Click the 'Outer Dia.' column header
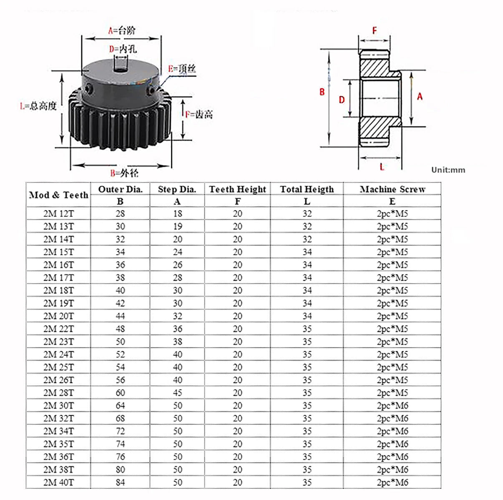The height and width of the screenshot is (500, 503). pyautogui.click(x=121, y=189)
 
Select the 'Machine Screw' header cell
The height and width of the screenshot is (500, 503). pyautogui.click(x=392, y=189)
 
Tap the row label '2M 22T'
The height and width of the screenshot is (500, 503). pyautogui.click(x=59, y=329)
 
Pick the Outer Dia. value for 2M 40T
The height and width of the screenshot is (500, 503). pyautogui.click(x=121, y=482)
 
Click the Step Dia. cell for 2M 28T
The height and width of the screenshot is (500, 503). pyautogui.click(x=178, y=392)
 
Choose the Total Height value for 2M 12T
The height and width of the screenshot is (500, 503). pyautogui.click(x=307, y=213)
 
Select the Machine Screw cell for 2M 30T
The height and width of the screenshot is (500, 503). pyautogui.click(x=392, y=405)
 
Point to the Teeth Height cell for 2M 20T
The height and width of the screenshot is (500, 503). pyautogui.click(x=238, y=316)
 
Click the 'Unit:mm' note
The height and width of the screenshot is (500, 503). pyautogui.click(x=448, y=170)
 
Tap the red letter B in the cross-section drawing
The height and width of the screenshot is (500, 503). pyautogui.click(x=322, y=92)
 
